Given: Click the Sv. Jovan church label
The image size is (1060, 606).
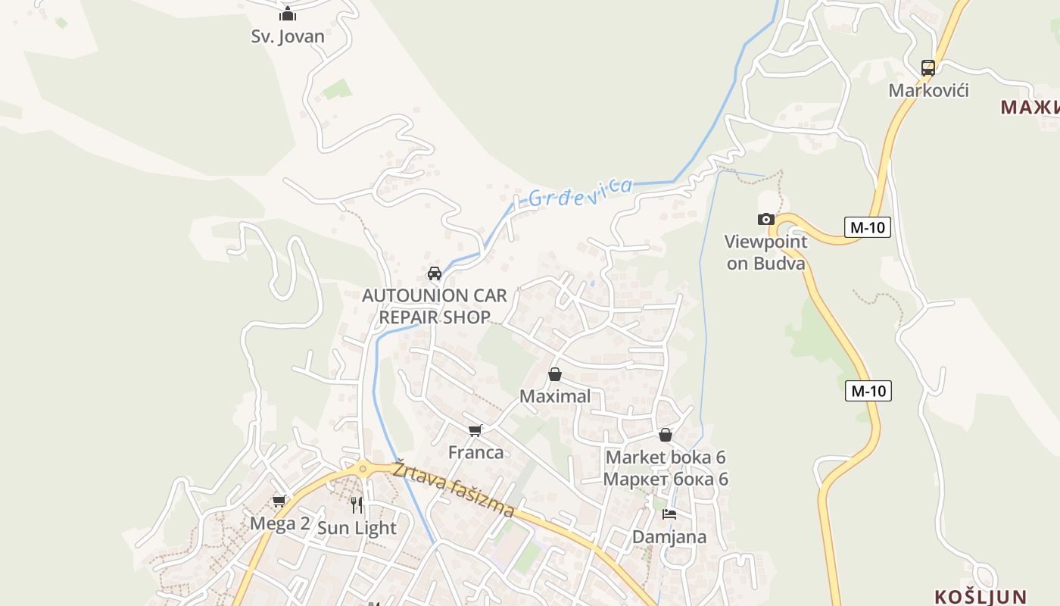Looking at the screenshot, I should point(288,36).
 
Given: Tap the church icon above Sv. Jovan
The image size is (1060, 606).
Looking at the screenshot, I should point(288,14).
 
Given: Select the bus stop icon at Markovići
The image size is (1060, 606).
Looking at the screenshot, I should point(928,67).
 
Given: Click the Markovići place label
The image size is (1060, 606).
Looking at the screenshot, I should point(928,91).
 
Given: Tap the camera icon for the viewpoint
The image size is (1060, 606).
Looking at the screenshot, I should point(766,220).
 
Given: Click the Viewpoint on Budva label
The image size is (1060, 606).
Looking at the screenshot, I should point(765,252).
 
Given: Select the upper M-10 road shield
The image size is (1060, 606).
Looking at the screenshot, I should point(867,226).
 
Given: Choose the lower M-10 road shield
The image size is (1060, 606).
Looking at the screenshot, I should point(868,391).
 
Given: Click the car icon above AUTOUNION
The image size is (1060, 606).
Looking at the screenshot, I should point(435,273).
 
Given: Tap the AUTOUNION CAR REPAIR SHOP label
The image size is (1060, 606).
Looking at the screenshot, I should point(435,306).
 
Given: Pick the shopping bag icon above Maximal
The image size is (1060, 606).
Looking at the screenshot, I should point(555,374).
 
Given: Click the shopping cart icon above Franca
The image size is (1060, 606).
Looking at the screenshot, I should point(475,430).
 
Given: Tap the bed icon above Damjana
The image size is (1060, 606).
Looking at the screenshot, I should point(669,514).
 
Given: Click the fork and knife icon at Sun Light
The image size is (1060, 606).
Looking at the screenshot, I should point(357,505).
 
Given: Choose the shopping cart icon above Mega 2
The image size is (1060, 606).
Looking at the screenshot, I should point(279,501).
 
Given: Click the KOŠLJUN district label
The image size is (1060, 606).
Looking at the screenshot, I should point(980,597).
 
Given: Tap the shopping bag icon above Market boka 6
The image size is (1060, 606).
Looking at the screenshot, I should point(666,435).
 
